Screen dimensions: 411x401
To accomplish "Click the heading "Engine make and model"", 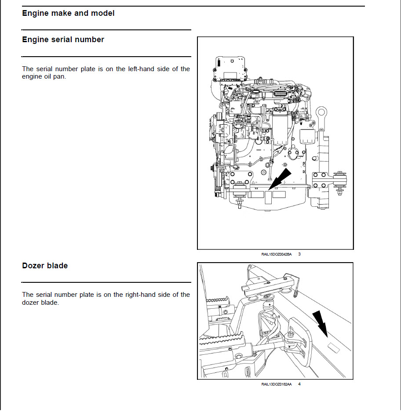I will tap(68, 13).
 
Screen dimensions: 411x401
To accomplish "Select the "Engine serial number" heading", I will tap(63, 40).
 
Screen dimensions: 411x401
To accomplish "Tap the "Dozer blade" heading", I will tap(45, 266).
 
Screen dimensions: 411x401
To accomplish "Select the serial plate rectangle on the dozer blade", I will tap(334, 349).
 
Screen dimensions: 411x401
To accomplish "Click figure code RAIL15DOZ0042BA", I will tap(276, 254).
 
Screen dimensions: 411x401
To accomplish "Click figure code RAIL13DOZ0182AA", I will tap(276, 384).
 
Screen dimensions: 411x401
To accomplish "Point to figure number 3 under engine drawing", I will tap(299, 254).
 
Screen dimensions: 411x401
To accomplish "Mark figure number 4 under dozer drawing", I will tap(299, 384).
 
